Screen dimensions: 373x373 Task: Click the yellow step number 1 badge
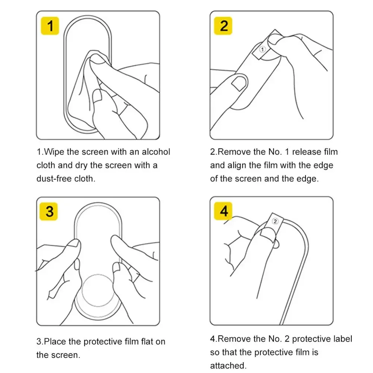[x=50, y=26]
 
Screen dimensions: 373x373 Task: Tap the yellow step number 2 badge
[x=223, y=26]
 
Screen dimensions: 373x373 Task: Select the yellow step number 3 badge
[x=48, y=211]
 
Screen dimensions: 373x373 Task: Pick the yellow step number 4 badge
[x=223, y=211]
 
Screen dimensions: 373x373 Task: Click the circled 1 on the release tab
[x=262, y=50]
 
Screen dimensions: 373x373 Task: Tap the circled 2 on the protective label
[x=275, y=222]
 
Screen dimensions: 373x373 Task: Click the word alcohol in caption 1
[x=156, y=152]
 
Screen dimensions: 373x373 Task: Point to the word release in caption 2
[x=307, y=152]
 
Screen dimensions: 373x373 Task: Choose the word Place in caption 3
[x=55, y=342]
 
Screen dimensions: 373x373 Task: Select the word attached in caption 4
[x=228, y=366]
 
